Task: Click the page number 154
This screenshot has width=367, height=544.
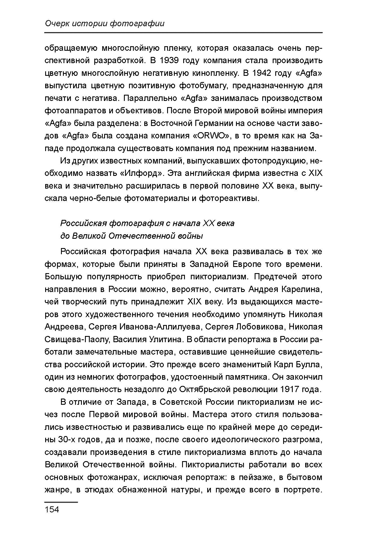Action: click(52, 509)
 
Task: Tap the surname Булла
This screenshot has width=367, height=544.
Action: click(309, 364)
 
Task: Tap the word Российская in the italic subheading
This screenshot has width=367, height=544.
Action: click(83, 223)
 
